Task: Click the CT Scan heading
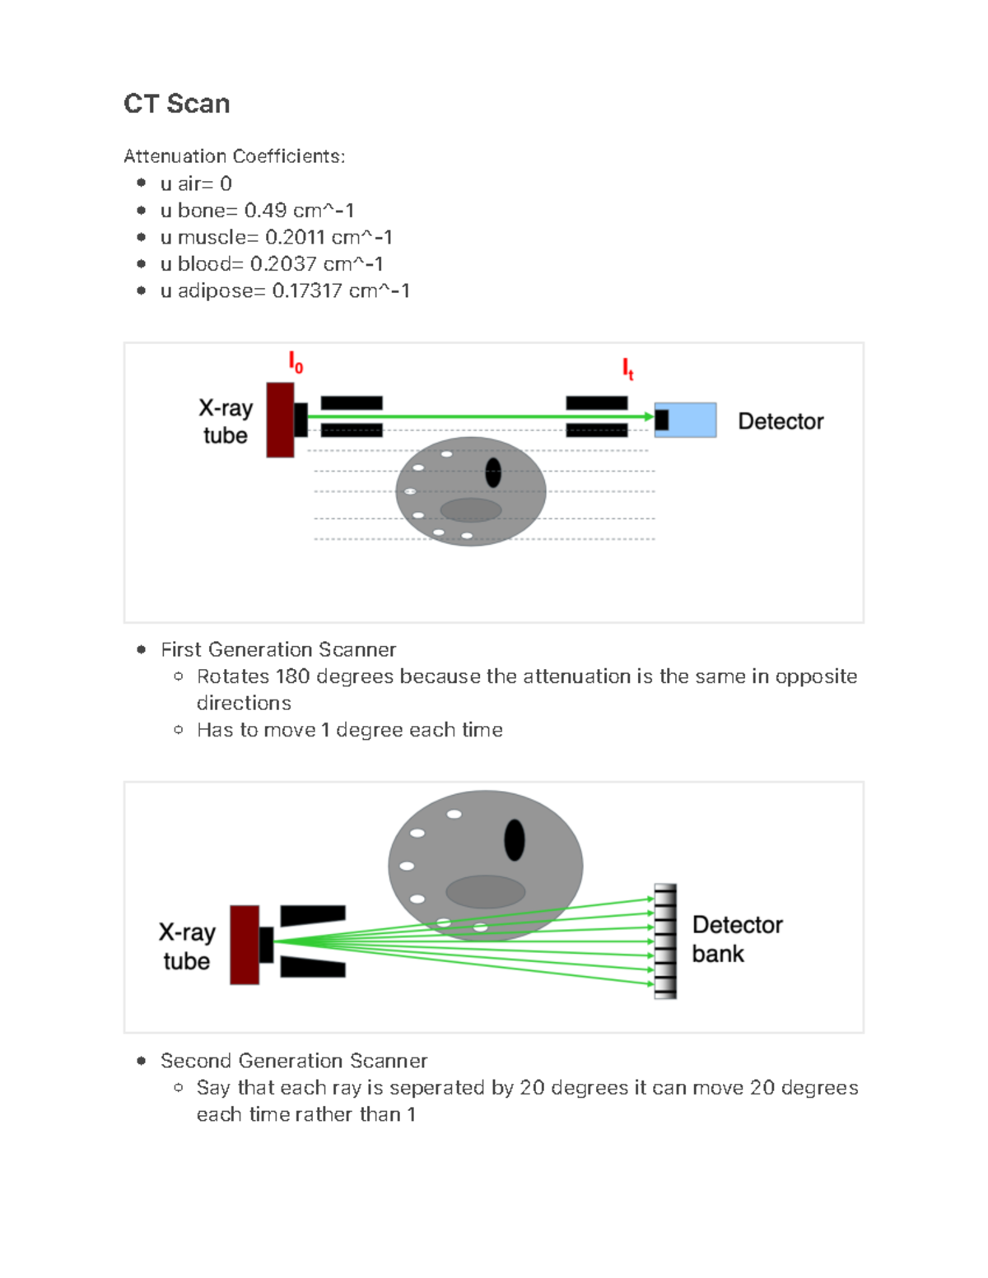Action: tap(176, 104)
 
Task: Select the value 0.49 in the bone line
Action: tap(265, 211)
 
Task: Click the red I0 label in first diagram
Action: tap(296, 362)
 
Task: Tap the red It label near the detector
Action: tap(627, 369)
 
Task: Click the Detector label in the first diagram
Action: tap(780, 421)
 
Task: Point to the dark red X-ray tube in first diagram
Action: tap(280, 420)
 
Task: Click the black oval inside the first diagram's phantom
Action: tap(493, 472)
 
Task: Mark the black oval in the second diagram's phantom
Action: tap(515, 840)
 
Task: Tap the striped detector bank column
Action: tap(665, 941)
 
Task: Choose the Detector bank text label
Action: tap(736, 939)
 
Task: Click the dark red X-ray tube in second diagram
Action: tap(245, 945)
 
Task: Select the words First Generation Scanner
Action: tap(278, 650)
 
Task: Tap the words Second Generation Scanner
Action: tap(294, 1061)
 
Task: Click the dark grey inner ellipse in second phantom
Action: tap(486, 892)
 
